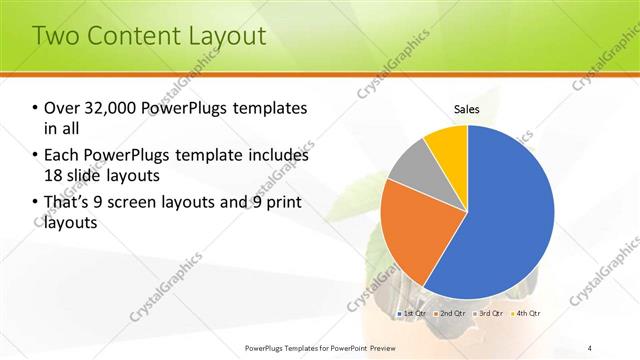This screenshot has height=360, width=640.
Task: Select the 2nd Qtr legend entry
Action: [x=451, y=313]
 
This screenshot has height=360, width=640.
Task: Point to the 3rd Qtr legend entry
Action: [x=489, y=313]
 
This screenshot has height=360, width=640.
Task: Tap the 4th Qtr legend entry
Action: [x=526, y=313]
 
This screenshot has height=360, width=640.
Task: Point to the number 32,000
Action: [x=111, y=108]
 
